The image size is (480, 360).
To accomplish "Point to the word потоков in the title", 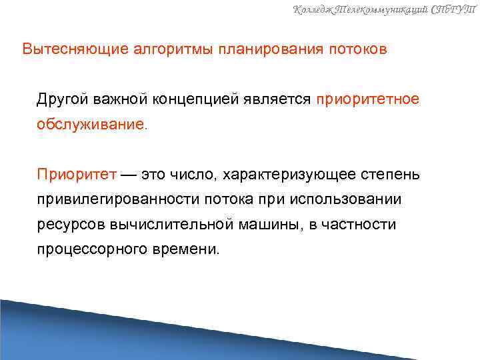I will coord(356,50).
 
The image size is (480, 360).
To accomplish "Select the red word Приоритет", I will coord(77,175).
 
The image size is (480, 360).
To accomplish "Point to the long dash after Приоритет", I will coord(127,175).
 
